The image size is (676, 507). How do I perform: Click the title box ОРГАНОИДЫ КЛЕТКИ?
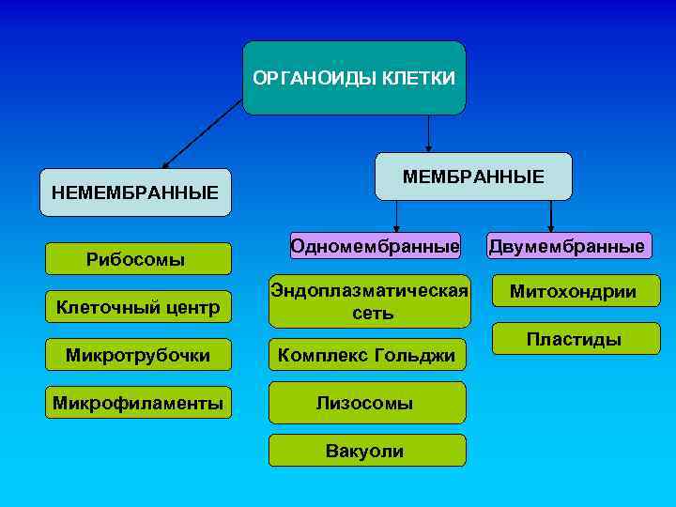click(354, 78)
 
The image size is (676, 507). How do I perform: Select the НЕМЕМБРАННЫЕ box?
click(135, 192)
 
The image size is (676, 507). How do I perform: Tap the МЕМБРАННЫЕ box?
click(473, 177)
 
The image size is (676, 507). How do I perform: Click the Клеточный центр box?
click(138, 306)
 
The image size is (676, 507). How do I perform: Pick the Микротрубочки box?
click(138, 355)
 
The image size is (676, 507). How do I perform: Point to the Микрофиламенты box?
click(138, 404)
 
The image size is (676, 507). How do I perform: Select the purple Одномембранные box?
click(375, 246)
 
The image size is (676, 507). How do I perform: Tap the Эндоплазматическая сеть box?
click(369, 301)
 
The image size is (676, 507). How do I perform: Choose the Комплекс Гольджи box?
click(366, 355)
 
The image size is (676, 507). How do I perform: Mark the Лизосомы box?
click(366, 403)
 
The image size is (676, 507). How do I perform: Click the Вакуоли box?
click(366, 451)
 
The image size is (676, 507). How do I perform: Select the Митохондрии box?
click(573, 291)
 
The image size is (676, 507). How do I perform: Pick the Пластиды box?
click(573, 339)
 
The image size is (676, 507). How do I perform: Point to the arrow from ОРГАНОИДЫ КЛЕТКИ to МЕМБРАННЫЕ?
click(429, 133)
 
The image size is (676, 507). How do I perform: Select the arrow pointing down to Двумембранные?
click(551, 216)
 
